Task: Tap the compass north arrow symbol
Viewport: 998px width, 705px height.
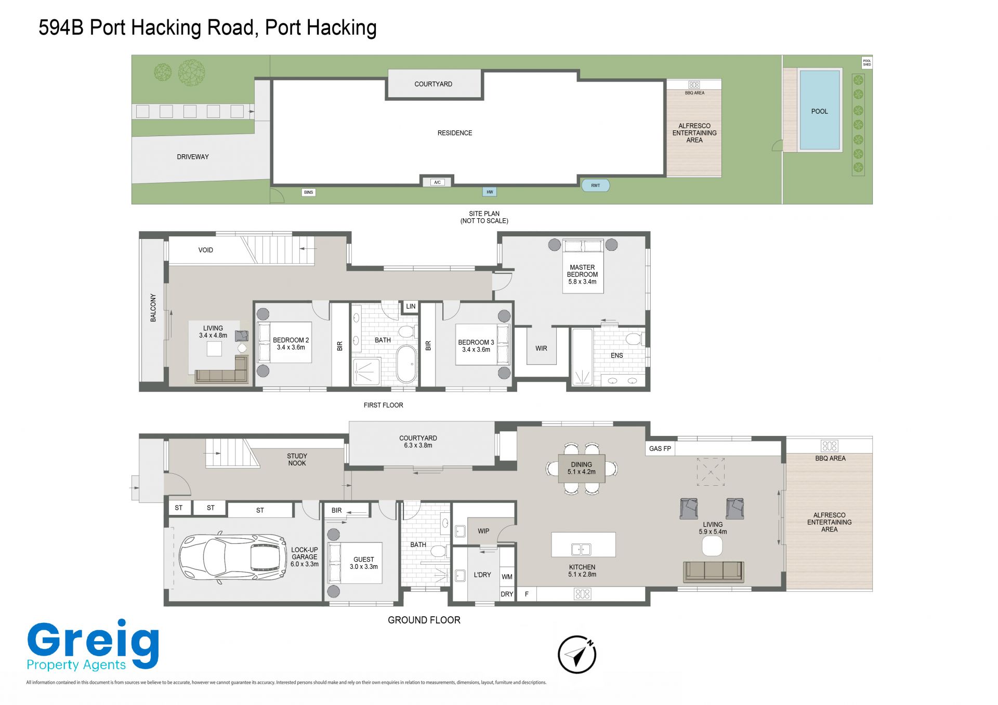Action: (577, 655)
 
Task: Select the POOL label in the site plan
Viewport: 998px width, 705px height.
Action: (819, 111)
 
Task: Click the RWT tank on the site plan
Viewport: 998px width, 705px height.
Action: (595, 185)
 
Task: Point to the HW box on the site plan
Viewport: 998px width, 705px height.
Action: (490, 192)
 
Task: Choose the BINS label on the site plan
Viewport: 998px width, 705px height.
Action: (309, 192)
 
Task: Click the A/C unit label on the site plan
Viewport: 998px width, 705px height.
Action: (437, 182)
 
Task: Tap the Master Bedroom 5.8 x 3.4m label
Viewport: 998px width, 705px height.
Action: (582, 274)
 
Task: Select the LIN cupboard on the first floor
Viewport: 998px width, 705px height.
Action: (411, 307)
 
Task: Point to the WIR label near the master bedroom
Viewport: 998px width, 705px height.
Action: (541, 349)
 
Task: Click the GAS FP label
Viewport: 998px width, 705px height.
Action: (660, 448)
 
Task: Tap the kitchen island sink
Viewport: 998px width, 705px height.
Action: (581, 549)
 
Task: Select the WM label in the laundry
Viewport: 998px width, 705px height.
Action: (507, 577)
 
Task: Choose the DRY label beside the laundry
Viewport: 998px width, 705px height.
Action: (507, 594)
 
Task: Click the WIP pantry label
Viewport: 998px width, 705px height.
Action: (483, 531)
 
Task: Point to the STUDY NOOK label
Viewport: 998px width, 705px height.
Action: (297, 460)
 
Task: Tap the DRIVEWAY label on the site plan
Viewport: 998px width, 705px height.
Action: (193, 157)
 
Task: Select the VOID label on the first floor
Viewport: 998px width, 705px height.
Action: (206, 250)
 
